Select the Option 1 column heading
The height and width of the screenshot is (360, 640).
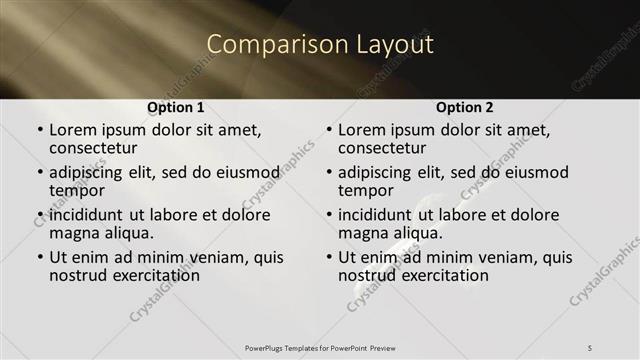pyautogui.click(x=175, y=107)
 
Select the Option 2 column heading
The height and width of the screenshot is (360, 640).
pyautogui.click(x=465, y=107)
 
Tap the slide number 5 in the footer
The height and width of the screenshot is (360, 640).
pyautogui.click(x=589, y=346)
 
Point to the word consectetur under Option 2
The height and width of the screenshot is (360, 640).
pyautogui.click(x=382, y=149)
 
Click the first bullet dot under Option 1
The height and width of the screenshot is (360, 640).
pyautogui.click(x=40, y=131)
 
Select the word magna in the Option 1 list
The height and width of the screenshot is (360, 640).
pyautogui.click(x=75, y=233)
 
